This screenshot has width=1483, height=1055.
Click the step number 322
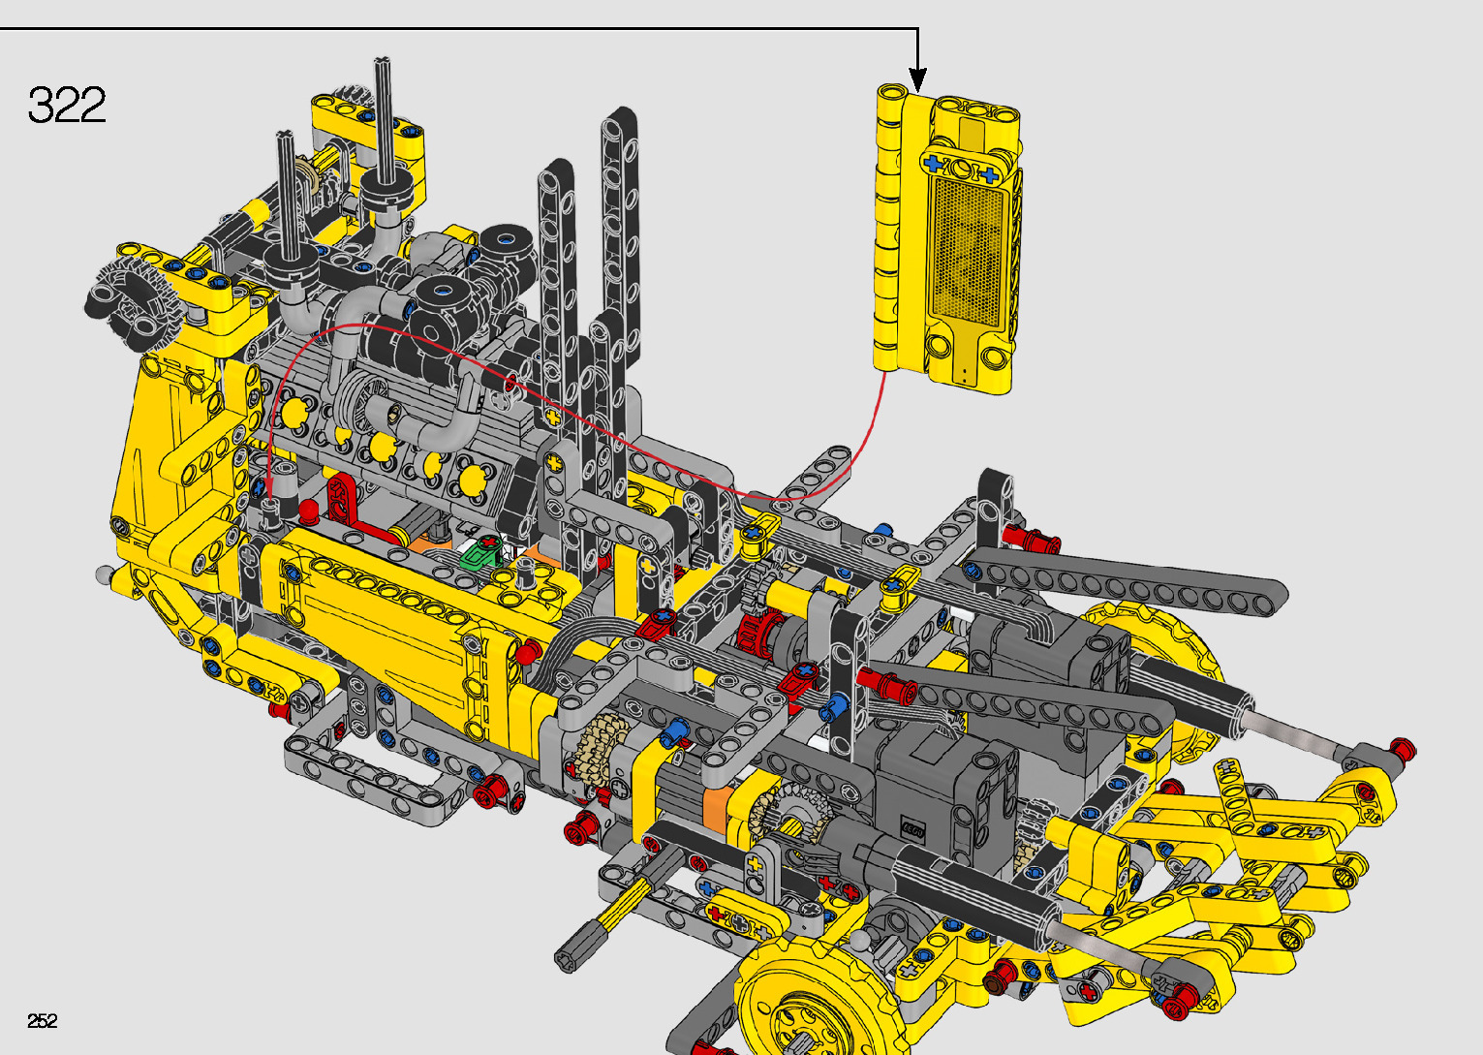pos(67,105)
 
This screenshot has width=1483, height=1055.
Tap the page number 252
pos(43,1020)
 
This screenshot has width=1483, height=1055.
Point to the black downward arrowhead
pos(917,80)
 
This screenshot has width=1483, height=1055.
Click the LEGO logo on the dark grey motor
pos(912,829)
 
